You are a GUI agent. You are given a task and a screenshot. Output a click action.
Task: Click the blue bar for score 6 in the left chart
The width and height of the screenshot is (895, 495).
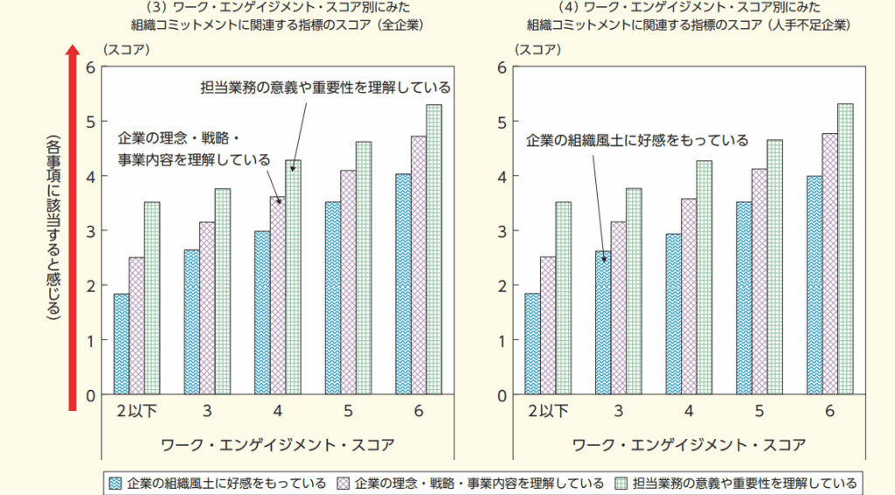point(403,284)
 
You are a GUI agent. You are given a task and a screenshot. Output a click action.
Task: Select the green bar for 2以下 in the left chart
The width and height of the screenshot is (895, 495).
point(152,298)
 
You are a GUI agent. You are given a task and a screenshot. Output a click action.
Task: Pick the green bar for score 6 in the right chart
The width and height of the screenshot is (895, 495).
point(845,249)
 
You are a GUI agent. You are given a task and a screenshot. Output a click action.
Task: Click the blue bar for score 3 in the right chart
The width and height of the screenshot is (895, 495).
point(603,323)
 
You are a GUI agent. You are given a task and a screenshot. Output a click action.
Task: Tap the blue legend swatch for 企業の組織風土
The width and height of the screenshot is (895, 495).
point(114,483)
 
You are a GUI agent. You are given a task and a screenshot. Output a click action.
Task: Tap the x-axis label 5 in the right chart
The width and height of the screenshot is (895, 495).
point(760,411)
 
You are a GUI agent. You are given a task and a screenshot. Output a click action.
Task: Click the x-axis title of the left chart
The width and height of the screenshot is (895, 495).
point(278,445)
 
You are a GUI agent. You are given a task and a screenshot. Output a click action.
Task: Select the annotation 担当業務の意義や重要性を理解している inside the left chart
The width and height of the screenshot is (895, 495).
point(325,87)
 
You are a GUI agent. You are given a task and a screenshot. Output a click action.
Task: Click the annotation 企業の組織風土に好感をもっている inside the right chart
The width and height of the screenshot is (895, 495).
point(637,140)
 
